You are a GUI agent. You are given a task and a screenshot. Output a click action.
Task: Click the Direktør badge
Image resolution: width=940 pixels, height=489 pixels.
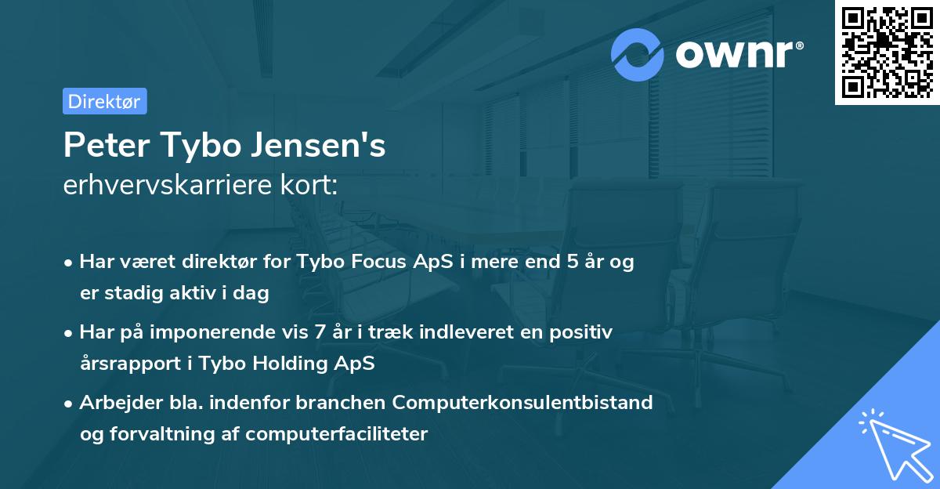click(x=104, y=101)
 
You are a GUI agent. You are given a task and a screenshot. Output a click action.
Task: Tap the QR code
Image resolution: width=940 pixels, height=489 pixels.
click(x=887, y=53)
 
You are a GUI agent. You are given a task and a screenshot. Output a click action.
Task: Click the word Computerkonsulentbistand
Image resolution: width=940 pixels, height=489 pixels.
click(x=522, y=403)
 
